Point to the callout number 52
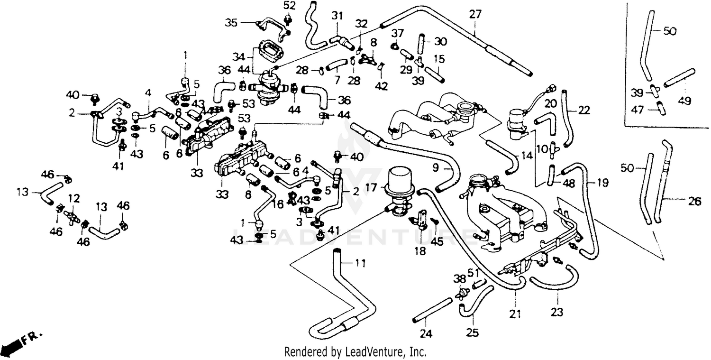[289, 6]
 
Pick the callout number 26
[694, 202]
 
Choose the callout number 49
[684, 101]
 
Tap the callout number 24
[426, 333]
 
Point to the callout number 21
[515, 314]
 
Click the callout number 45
[437, 241]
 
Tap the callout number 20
[550, 103]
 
